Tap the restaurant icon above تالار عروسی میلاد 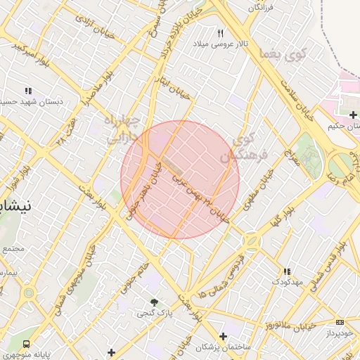[x=220, y=34]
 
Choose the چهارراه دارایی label [x=124, y=129]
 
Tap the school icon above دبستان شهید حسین [x=29, y=91]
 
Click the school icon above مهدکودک [x=286, y=271]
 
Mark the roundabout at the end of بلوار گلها [x=252, y=242]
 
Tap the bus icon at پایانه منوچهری [x=26, y=345]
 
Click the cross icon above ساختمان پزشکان [x=224, y=336]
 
